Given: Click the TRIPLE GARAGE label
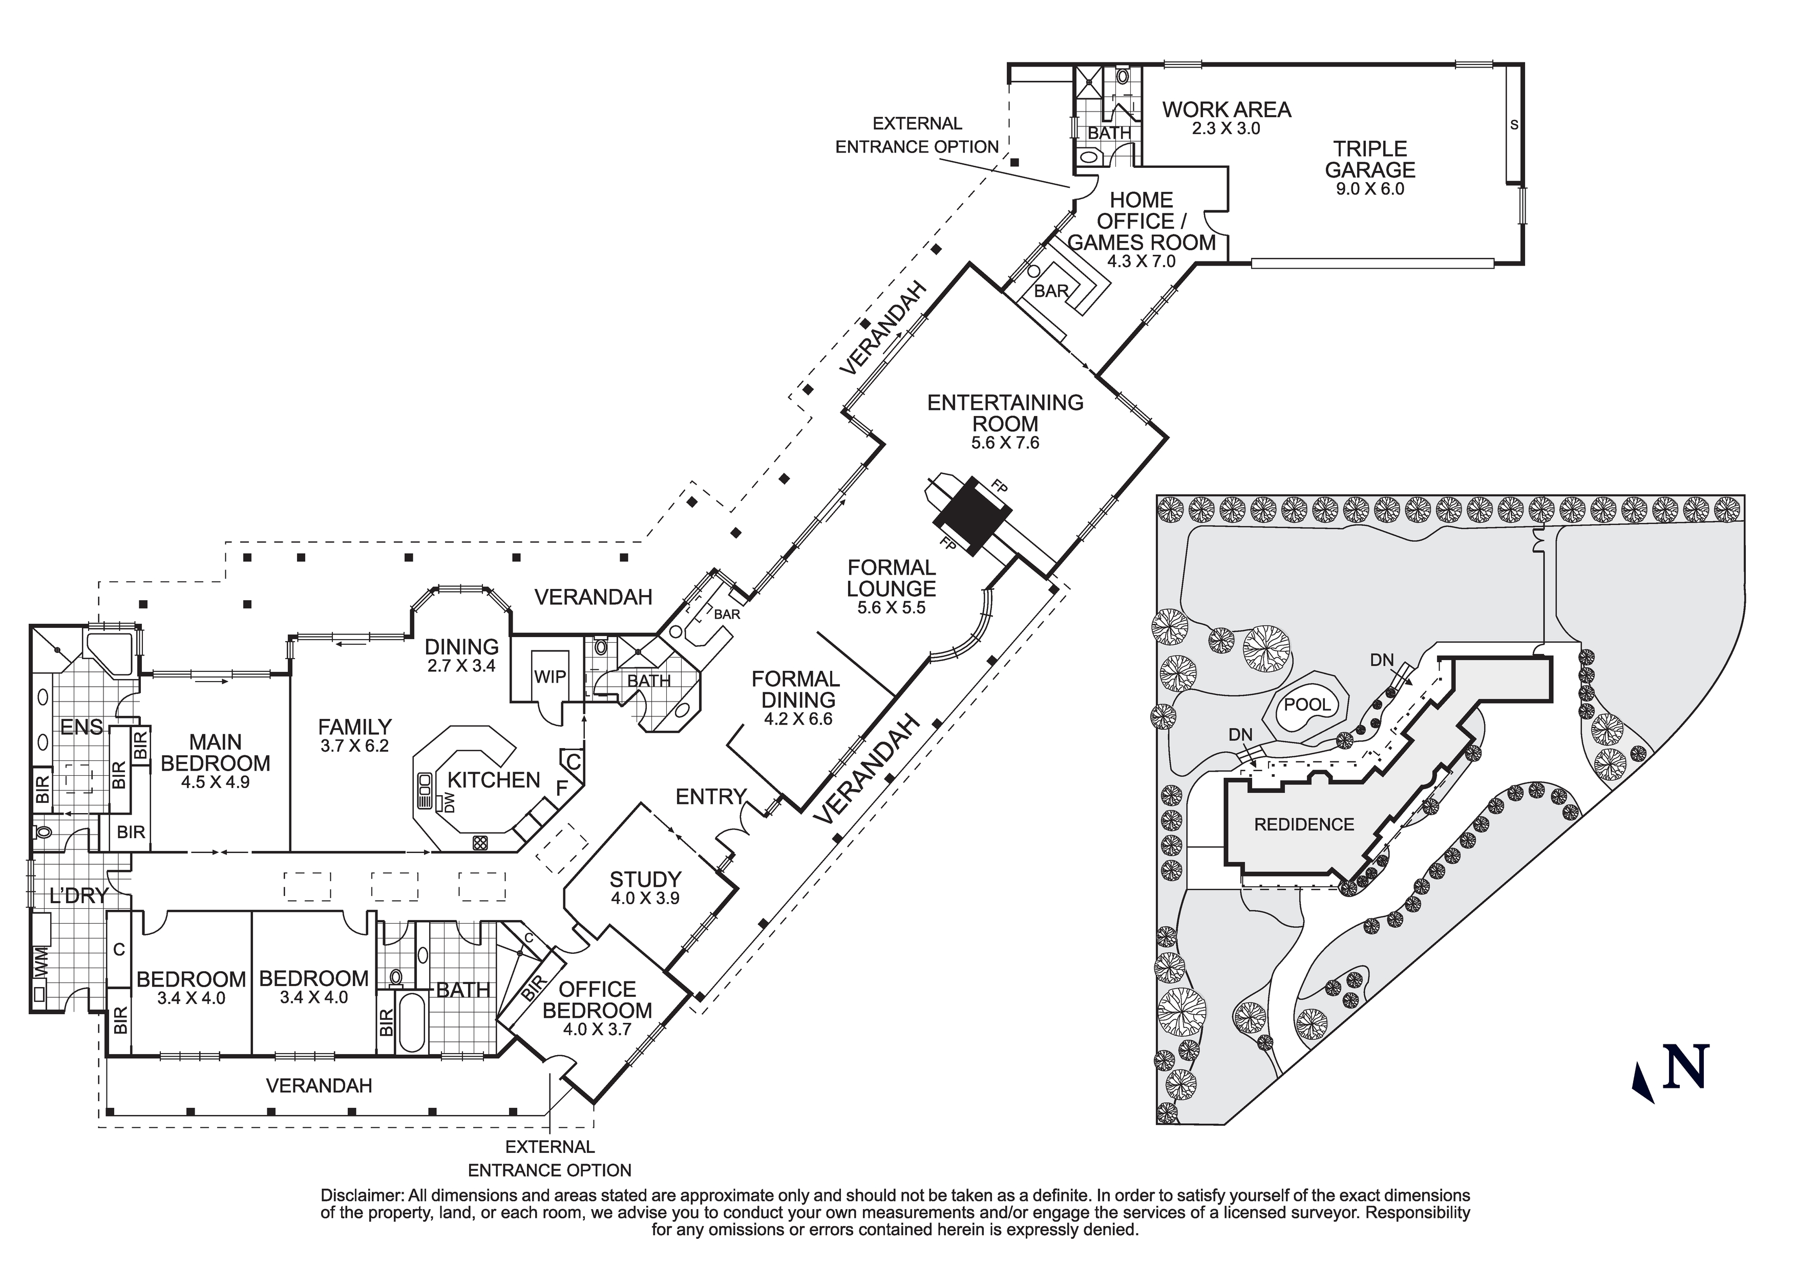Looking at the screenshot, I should click(1370, 160).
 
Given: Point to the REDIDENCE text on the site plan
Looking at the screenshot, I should click(1303, 824).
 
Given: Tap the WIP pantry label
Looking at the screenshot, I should click(550, 677).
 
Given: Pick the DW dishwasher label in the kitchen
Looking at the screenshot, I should click(449, 802).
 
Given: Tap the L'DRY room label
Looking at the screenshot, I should click(78, 896).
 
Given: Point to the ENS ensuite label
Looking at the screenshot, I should click(81, 727).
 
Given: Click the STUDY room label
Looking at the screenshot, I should click(645, 880).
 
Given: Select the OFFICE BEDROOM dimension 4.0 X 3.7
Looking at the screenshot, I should click(596, 1030).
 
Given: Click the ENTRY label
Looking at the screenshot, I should click(710, 797).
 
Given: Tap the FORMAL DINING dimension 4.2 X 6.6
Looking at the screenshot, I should click(796, 718).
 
